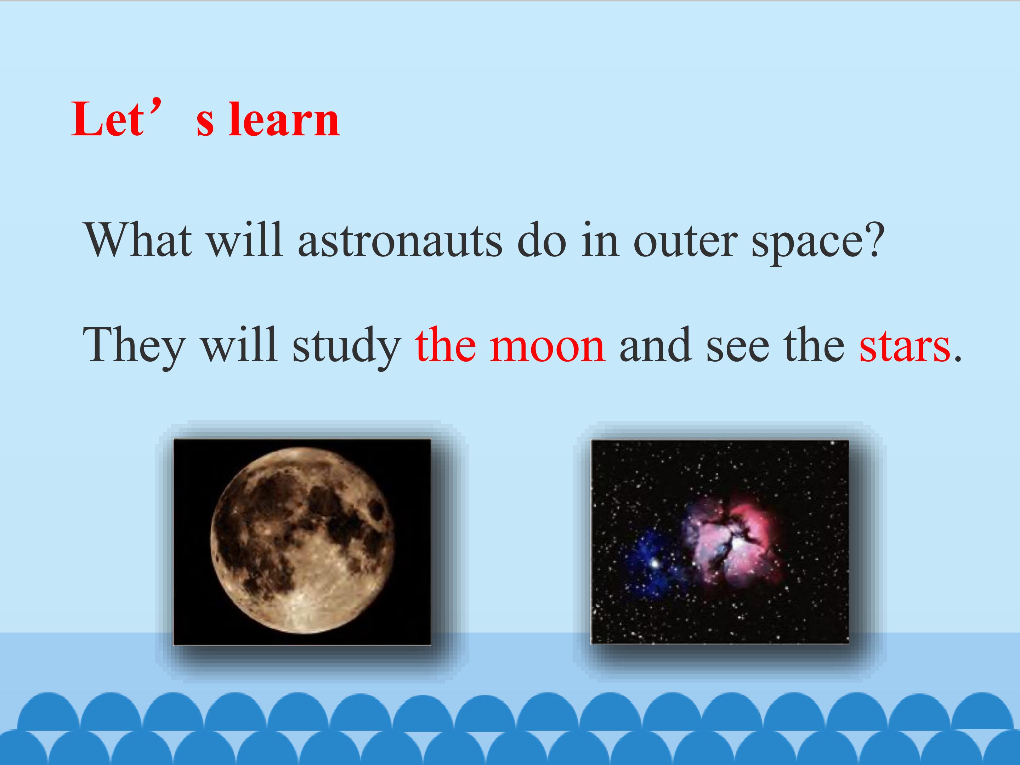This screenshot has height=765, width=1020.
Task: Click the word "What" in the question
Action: click(x=138, y=240)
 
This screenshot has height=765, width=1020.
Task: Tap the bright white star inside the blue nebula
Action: click(x=654, y=562)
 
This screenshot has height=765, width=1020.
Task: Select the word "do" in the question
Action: click(x=542, y=240)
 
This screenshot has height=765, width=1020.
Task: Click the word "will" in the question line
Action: click(x=244, y=240)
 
